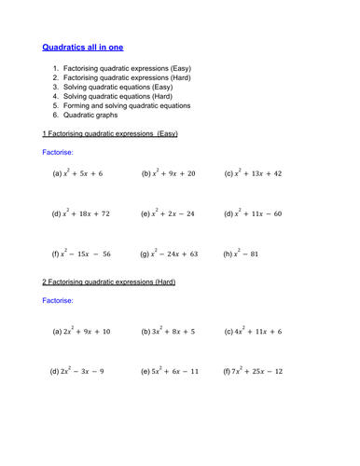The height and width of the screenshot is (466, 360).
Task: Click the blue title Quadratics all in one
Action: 83,46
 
